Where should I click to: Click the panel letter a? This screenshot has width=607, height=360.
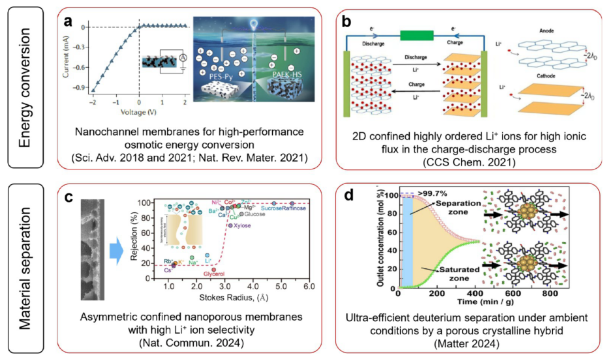69,21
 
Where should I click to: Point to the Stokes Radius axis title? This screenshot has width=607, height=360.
226,299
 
